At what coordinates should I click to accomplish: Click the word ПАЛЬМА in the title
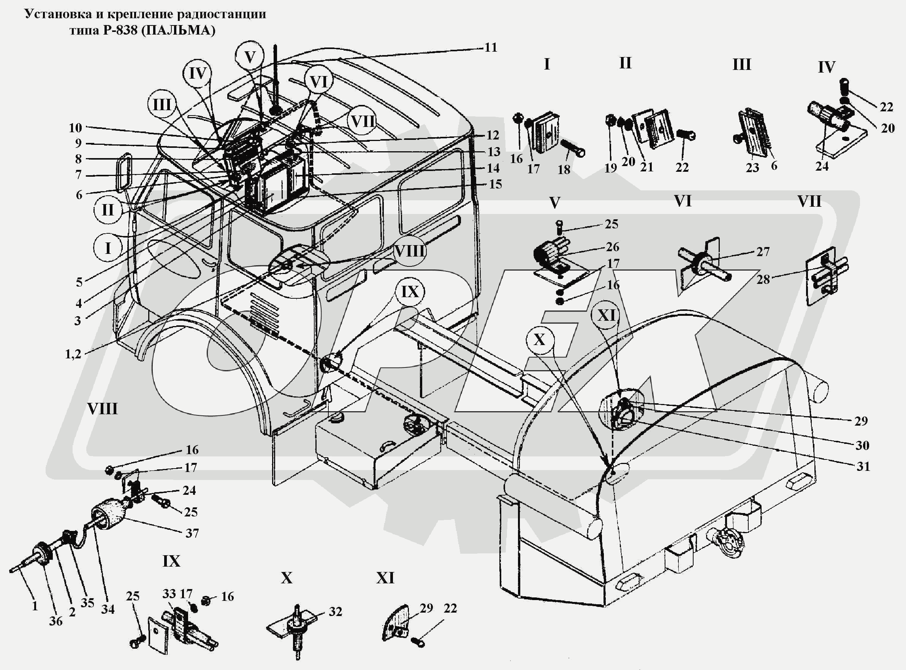[178, 30]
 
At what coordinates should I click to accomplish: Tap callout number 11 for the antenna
[491, 48]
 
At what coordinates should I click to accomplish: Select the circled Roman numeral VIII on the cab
[409, 252]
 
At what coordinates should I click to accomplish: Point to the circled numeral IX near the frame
[410, 292]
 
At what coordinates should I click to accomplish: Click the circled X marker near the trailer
[539, 339]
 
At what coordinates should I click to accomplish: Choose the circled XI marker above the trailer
[606, 315]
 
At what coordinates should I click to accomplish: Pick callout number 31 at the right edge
[863, 466]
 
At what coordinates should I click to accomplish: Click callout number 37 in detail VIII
[192, 533]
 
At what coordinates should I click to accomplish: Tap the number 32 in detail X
[335, 611]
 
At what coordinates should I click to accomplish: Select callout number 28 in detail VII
[763, 279]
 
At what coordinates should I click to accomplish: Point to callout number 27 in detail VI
[763, 252]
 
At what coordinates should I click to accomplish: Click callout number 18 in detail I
[564, 169]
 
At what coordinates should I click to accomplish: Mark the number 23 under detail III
[752, 168]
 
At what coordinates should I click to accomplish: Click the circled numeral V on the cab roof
[250, 57]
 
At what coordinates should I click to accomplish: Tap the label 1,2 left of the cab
[73, 354]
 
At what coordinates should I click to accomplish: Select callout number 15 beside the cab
[495, 185]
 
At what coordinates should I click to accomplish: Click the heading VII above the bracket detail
[809, 201]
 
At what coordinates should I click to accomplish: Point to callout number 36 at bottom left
[56, 621]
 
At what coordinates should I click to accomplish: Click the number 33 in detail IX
[169, 594]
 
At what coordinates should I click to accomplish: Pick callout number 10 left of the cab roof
[75, 128]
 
